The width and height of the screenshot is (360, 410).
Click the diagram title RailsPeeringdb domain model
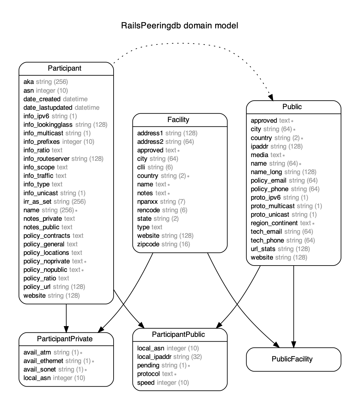(180, 26)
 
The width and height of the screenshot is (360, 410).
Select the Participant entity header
(65, 68)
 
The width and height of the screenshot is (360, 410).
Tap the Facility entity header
(178, 120)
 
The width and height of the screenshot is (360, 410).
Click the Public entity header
(292, 107)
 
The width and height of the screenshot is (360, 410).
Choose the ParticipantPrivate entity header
(65, 339)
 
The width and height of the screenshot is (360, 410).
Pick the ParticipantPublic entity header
(178, 334)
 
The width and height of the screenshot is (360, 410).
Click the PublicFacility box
(292, 359)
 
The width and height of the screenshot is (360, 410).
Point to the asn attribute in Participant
(28, 91)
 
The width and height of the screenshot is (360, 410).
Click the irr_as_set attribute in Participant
(37, 202)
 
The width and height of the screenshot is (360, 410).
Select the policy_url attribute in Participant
(37, 287)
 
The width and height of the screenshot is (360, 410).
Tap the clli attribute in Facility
(141, 167)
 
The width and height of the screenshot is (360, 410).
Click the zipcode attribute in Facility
(148, 244)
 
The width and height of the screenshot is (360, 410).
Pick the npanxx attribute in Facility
(147, 202)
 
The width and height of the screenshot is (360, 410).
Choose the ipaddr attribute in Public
(259, 146)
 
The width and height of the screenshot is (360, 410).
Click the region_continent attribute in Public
(274, 223)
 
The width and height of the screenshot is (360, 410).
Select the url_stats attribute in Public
(263, 249)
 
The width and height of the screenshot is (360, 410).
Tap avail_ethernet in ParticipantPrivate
(43, 361)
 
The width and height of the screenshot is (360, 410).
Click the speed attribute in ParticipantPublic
(146, 383)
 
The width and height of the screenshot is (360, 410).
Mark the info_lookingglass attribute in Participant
(48, 125)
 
